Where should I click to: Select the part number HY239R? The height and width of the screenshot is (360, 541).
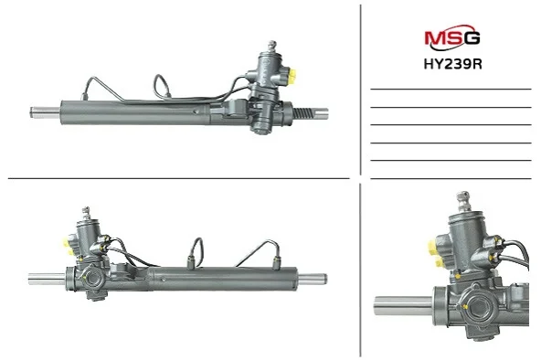452,64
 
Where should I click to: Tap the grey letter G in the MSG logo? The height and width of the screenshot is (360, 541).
472,37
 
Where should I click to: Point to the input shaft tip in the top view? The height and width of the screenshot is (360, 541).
272,45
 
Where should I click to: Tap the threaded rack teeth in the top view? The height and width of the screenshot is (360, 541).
304,113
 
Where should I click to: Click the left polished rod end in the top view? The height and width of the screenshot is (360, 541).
45,112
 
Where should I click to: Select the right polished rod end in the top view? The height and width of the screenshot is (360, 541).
322,113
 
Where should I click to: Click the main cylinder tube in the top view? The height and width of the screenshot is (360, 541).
134,112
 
